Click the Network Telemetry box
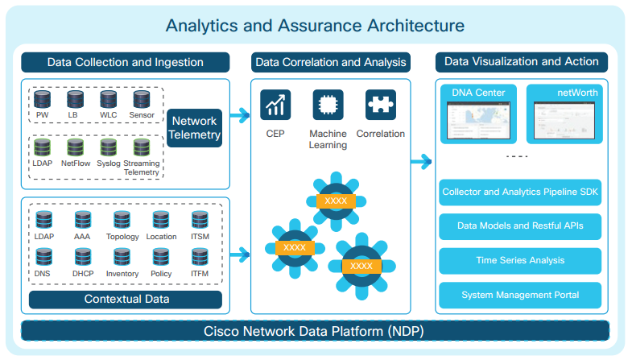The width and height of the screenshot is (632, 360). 194,128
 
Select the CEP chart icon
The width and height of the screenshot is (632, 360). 275,105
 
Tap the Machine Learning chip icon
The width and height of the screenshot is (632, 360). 328,105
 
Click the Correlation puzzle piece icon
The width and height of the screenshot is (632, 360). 380,105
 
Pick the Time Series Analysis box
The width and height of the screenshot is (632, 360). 519,260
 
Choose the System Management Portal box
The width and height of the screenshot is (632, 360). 519,295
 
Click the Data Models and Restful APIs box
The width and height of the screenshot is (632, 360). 519,226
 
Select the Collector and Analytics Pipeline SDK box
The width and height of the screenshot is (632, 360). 519,192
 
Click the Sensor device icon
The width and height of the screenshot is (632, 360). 142,101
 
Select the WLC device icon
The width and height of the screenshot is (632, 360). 109,101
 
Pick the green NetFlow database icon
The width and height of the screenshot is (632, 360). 76,148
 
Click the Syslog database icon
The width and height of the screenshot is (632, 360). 109,148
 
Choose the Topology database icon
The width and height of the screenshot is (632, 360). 122,220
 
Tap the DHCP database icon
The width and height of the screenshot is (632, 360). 83,257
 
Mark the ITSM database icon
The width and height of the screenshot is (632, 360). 200,220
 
